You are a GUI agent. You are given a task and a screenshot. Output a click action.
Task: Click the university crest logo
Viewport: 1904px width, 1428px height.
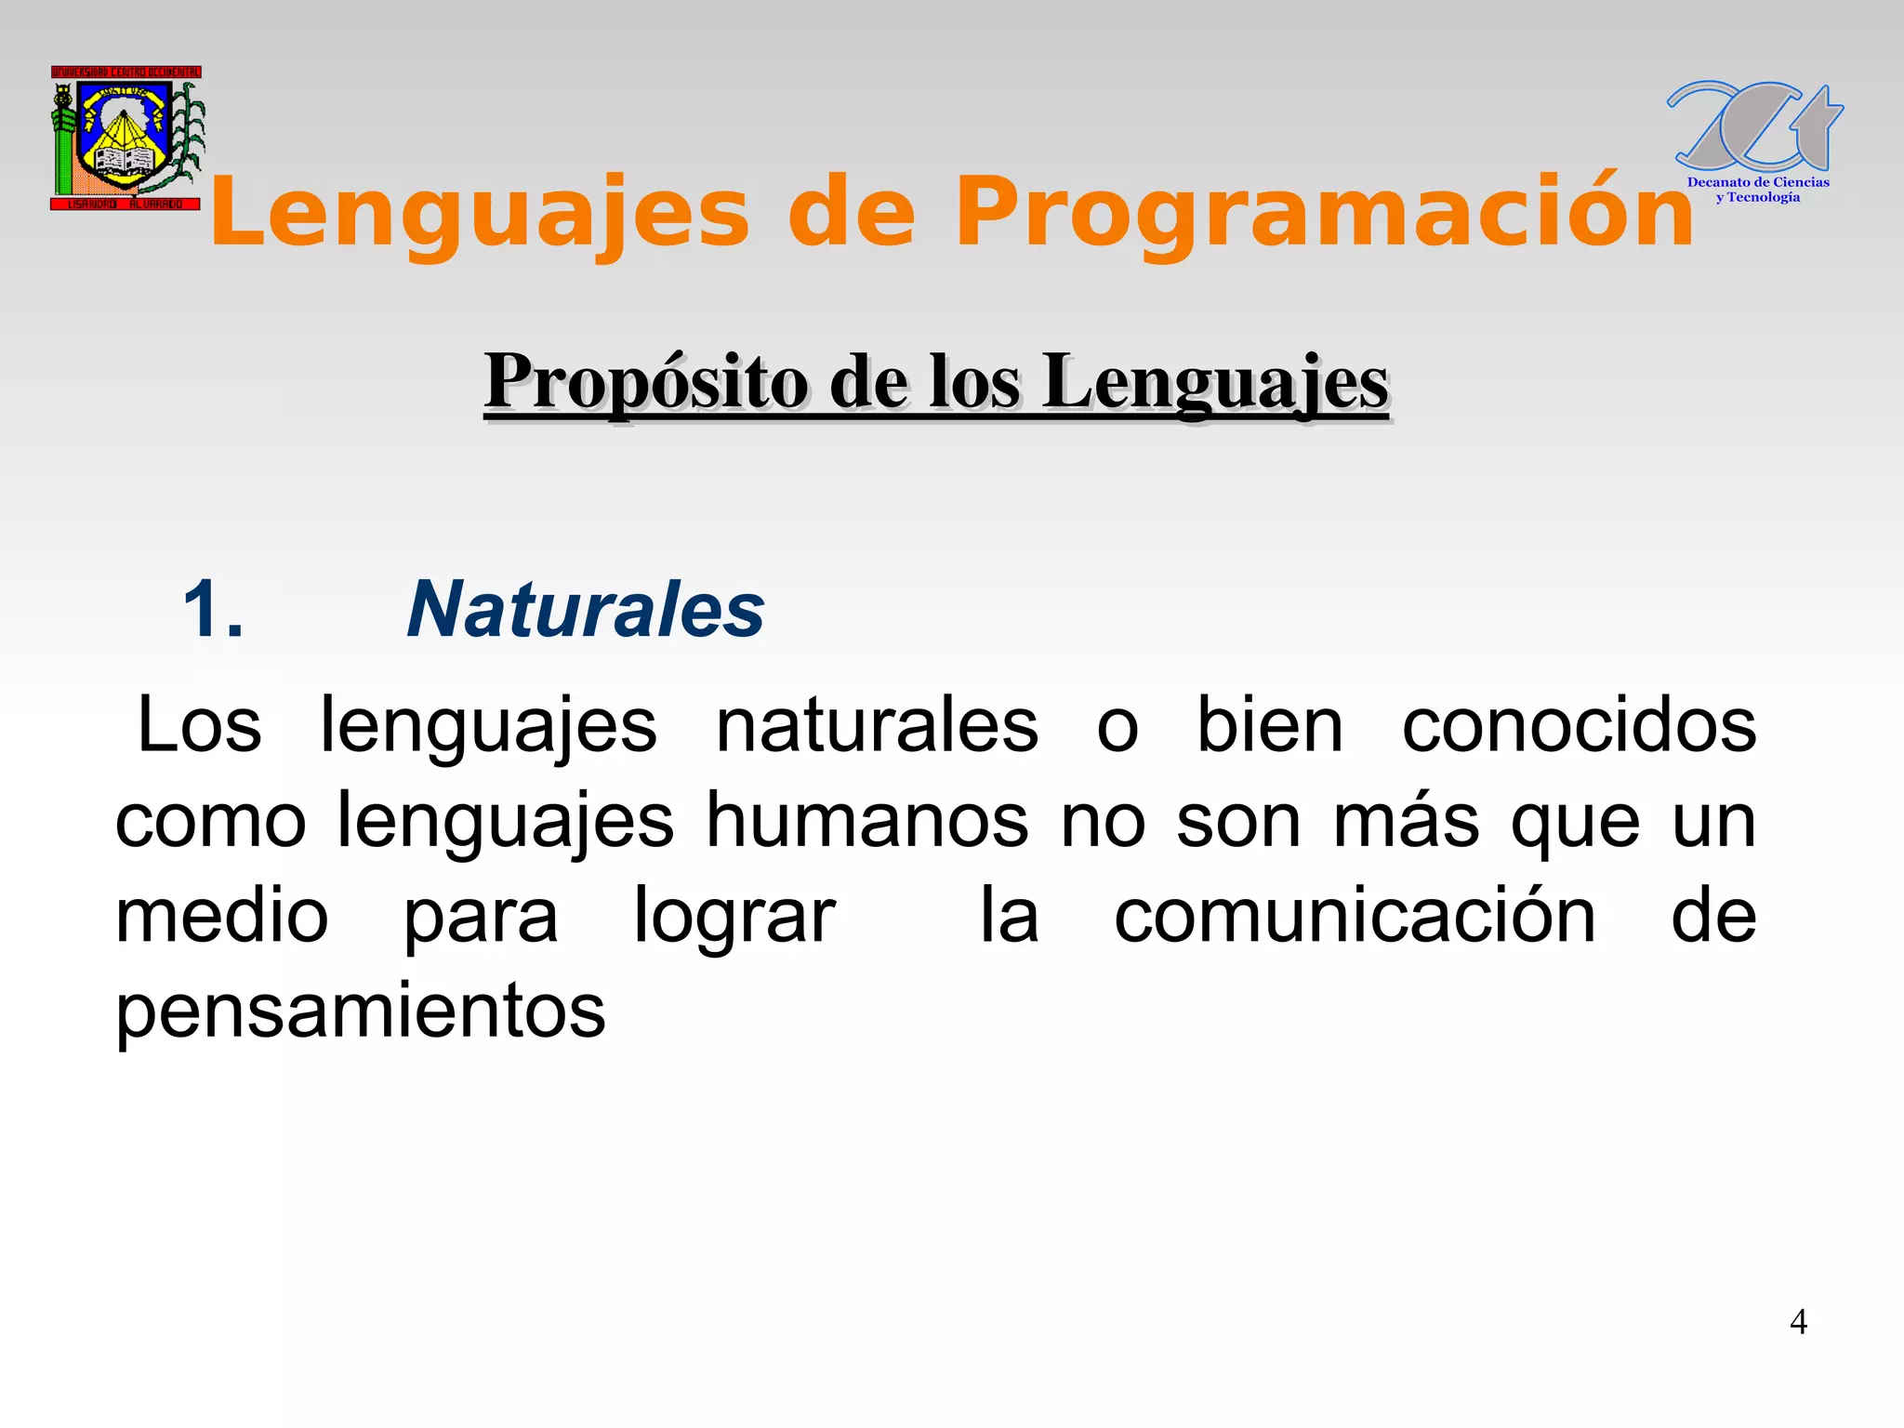pos(126,138)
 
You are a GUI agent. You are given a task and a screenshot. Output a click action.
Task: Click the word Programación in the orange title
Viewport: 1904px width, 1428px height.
pos(1324,214)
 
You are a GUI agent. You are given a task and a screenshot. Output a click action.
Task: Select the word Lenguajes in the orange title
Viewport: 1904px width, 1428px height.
pos(480,214)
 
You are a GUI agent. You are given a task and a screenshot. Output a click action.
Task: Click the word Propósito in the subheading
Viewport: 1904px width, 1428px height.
pos(646,382)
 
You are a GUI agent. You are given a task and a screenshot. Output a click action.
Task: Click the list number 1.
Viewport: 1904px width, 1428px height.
pos(213,610)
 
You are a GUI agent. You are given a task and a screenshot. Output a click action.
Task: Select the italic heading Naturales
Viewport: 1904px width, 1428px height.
pos(586,610)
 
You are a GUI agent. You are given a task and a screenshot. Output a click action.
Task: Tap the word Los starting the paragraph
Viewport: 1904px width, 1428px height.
pos(199,725)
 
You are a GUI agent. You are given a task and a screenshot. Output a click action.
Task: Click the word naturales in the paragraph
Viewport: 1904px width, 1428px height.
pos(877,725)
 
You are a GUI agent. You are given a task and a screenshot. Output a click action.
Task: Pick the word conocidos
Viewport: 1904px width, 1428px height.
pos(1579,725)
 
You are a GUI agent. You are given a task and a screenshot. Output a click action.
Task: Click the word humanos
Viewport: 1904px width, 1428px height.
pos(867,822)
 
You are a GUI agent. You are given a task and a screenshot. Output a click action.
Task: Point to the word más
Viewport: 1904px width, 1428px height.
pos(1406,822)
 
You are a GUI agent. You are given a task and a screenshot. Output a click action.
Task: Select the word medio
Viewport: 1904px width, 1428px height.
pos(222,917)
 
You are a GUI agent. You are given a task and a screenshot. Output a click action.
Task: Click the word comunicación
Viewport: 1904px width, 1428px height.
pos(1355,917)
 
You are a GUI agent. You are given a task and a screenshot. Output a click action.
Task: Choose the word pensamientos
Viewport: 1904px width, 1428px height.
pos(361,1012)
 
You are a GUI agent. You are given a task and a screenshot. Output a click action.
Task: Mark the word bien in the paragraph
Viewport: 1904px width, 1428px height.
pos(1269,725)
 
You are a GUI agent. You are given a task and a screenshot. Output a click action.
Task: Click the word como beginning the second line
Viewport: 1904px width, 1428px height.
pos(210,822)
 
